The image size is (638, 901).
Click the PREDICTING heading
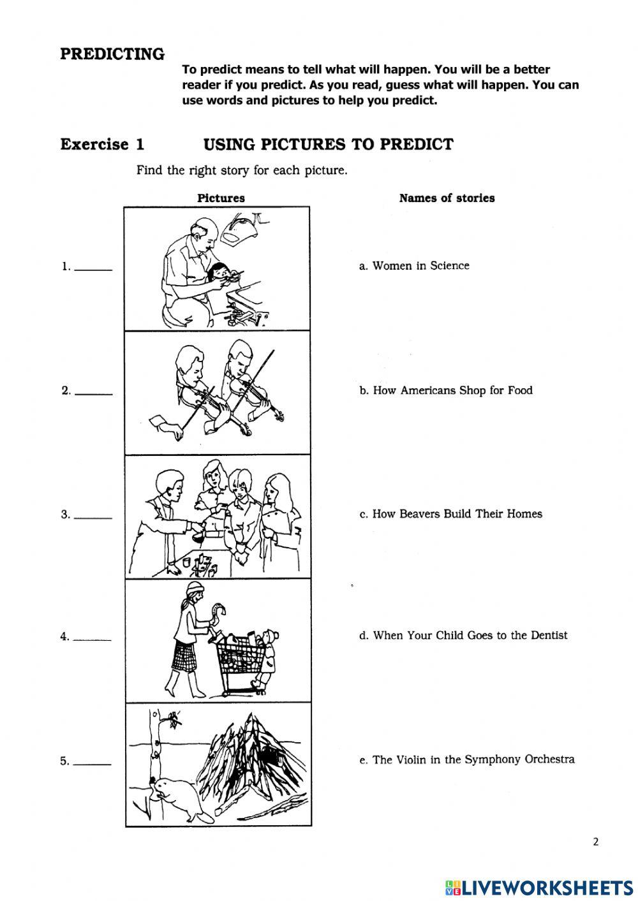pos(112,54)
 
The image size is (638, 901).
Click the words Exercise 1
pos(102,144)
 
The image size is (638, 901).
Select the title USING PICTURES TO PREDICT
pos(328,144)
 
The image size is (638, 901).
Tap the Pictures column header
pos(221,198)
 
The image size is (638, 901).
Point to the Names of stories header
pos(447,198)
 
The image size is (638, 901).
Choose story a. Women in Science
pos(414,266)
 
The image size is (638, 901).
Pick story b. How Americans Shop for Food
pos(445,390)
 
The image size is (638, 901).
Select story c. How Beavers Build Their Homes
pos(450,514)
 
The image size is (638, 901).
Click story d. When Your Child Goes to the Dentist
pos(463,635)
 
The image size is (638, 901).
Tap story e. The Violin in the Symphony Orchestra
pos(466,759)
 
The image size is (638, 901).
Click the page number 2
pos(596,842)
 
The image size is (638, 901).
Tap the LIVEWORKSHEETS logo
pos(539,887)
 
